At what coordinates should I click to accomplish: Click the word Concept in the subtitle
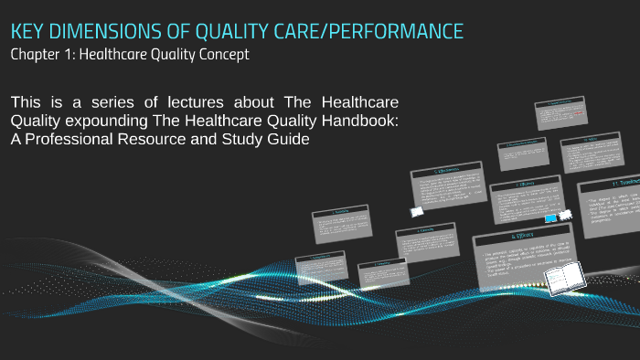pos(220,55)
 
